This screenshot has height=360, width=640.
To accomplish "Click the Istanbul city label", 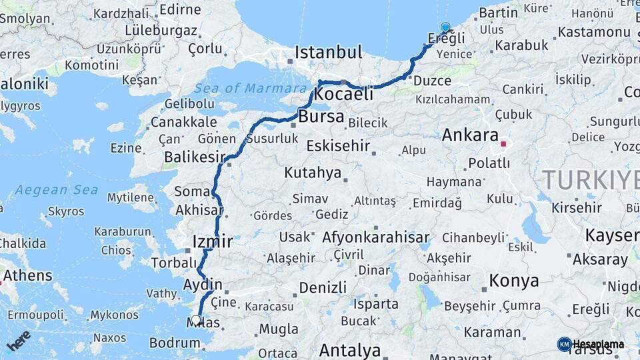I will point(329,52).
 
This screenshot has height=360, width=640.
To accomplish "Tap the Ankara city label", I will point(470,135).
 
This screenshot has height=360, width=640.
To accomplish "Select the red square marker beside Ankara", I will point(504,143).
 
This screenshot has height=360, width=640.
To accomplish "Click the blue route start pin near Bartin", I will point(445,28).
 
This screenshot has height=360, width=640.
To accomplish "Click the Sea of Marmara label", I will point(251,88).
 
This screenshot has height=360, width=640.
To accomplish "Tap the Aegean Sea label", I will point(57,190).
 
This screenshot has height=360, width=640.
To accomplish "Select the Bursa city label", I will point(321,117).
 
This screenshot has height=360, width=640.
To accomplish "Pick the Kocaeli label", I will point(343,95).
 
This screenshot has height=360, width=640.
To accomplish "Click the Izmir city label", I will point(212,241).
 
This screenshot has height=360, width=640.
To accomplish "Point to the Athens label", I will point(27,275).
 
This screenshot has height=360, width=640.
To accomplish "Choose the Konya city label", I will point(514,281).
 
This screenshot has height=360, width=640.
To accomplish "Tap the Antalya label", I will point(350,350).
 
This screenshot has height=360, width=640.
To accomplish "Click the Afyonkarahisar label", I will point(375,237).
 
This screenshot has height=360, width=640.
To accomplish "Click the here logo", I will point(19,340).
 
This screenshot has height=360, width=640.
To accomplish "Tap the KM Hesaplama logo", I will point(591,344).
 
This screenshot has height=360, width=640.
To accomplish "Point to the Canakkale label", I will point(184,122).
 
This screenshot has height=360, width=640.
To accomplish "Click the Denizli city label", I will point(323,287).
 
